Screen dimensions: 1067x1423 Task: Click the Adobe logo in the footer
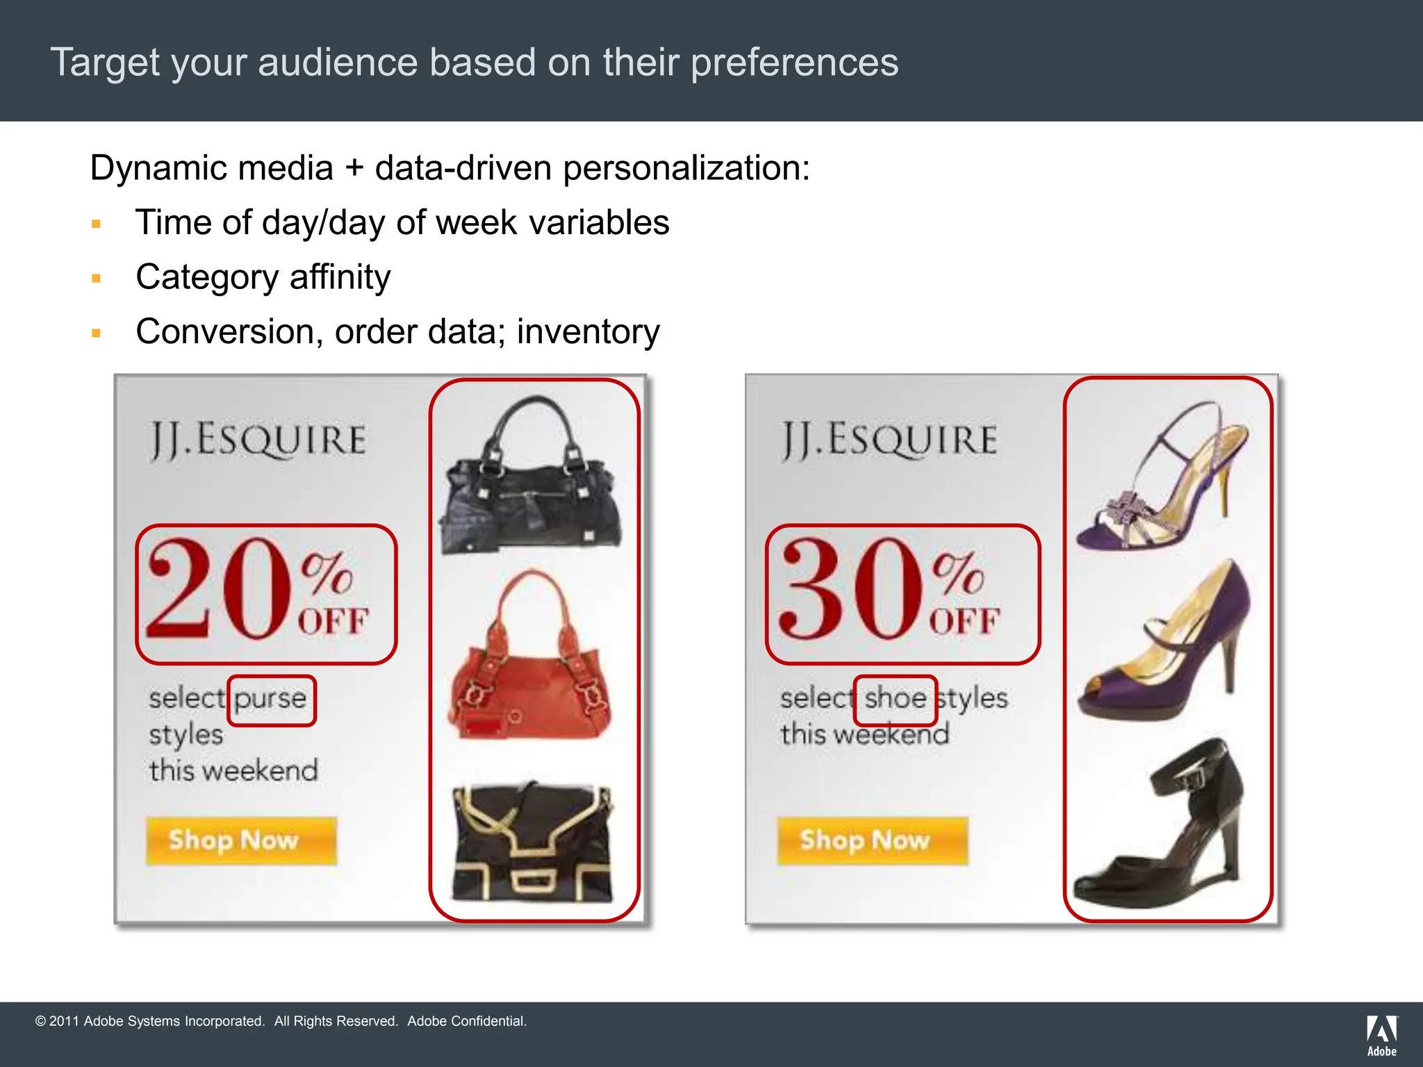pyautogui.click(x=1381, y=1035)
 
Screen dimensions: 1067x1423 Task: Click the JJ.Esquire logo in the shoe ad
pyautogui.click(x=889, y=440)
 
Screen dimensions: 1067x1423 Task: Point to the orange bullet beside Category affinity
pyautogui.click(x=97, y=279)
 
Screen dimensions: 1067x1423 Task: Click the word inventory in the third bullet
pyautogui.click(x=588, y=332)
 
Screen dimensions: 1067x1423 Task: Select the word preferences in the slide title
pyautogui.click(x=794, y=63)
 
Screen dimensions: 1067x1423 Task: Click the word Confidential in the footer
pyautogui.click(x=486, y=1021)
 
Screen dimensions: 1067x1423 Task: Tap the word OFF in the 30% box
pyautogui.click(x=964, y=620)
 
